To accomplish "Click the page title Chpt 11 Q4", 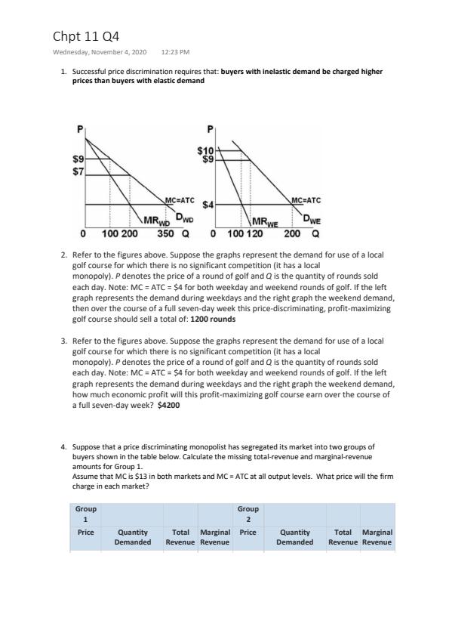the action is coord(86,36).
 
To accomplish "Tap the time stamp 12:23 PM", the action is coord(176,52).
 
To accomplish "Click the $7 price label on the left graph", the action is coord(78,171).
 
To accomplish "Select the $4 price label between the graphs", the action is coord(208,205).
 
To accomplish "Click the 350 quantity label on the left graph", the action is coord(166,233).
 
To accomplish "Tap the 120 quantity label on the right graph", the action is coord(254,233).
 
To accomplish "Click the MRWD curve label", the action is coord(156,221).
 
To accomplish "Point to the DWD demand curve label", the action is coord(184,218).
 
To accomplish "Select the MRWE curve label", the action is coord(265,222).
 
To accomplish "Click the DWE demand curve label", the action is coord(312,220).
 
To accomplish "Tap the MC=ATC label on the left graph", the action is coord(180,200).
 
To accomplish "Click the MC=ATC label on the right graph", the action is coord(306,200).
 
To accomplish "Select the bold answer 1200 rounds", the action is coord(213,319).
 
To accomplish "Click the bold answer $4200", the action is coord(168,405).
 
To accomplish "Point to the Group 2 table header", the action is coord(248,514).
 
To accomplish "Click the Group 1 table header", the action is coord(86,514).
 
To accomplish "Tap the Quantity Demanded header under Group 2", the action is coord(295,537).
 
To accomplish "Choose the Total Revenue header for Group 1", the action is coord(180,537).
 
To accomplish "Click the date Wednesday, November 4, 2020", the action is coord(100,52).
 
